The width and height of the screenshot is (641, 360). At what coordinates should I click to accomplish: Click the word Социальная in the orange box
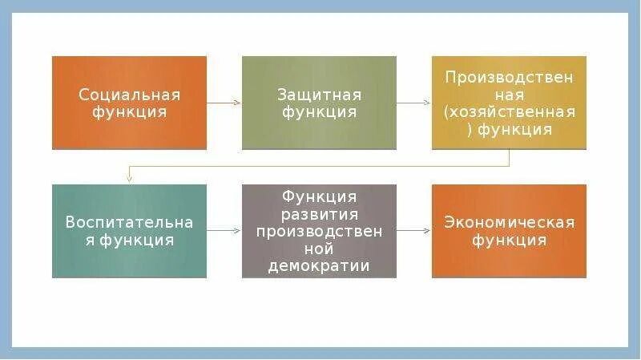129,94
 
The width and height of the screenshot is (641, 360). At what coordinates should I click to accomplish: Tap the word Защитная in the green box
319,94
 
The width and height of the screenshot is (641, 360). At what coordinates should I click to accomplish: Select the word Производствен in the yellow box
509,77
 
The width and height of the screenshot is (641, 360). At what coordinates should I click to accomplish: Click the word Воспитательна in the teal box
129,221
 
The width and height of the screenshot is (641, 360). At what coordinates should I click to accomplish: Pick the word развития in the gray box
319,213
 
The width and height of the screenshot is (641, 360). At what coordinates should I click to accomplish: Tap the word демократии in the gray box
319,265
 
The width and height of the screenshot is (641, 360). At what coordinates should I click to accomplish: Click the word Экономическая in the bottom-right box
509,221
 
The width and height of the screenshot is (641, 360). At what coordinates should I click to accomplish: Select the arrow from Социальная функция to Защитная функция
224,103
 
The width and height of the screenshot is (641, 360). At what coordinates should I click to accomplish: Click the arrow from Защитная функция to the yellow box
413,103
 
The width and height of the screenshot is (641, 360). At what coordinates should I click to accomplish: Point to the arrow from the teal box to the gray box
224,231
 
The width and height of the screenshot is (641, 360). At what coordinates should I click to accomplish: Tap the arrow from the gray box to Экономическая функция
413,231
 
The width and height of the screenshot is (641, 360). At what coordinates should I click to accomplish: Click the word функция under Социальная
129,112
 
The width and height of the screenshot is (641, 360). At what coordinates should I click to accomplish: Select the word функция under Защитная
319,112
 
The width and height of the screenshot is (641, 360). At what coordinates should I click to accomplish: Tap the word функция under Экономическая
509,240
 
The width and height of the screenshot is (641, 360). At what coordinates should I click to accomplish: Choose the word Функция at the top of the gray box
319,196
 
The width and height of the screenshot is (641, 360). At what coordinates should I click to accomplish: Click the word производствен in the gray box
319,231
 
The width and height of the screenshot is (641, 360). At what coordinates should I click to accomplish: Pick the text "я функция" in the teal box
129,240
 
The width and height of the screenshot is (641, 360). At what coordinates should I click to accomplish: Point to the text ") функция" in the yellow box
509,129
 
